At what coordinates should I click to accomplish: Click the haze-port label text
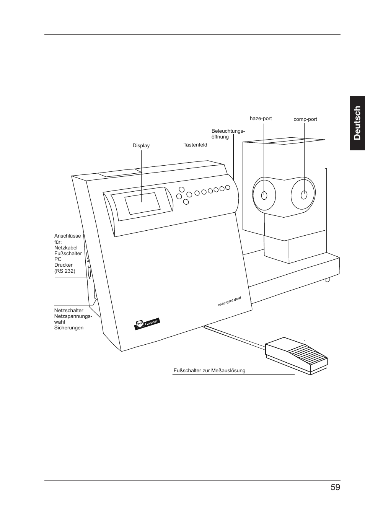point(261,119)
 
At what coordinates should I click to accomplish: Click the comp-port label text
point(305,119)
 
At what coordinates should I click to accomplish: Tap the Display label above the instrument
point(141,146)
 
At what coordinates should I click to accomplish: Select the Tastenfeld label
point(195,145)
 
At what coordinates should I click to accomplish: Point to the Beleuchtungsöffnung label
point(228,134)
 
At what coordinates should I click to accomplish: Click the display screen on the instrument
point(142,204)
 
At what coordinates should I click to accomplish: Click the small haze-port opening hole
point(264,195)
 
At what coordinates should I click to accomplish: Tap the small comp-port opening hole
point(304,195)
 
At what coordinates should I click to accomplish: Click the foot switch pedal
point(297,354)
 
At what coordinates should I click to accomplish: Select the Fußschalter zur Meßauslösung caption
point(209,371)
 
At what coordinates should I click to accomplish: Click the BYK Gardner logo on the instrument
point(147,324)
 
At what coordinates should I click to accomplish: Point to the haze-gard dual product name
point(229,301)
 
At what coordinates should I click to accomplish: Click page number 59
point(335,487)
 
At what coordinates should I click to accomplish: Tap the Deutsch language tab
point(357,123)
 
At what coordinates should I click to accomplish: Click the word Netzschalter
point(68,311)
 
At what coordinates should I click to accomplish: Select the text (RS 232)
point(65,271)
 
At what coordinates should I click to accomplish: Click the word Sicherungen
point(68,328)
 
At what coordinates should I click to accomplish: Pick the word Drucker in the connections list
point(63,265)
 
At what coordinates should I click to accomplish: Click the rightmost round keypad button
point(228,187)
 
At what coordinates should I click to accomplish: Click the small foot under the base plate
point(328,280)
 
